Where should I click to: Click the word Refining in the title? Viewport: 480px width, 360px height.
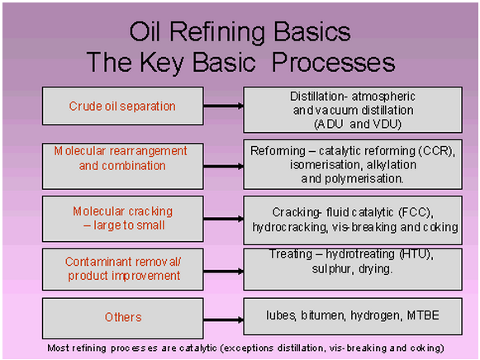217,32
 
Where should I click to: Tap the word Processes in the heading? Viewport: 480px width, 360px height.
334,62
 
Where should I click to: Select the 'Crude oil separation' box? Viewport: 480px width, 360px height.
123,106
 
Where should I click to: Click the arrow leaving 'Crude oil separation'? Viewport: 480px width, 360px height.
223,106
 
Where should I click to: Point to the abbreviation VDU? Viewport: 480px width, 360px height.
387,124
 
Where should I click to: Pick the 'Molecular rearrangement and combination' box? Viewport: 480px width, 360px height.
123,166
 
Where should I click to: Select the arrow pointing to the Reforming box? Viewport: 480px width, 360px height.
223,167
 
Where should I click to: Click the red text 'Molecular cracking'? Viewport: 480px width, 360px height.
123,211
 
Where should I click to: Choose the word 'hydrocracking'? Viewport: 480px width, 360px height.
290,227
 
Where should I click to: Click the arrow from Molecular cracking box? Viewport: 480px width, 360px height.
223,219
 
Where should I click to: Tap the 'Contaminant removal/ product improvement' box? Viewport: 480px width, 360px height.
123,269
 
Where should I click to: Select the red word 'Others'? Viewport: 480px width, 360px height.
123,317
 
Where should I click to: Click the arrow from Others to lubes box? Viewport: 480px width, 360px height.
223,320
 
